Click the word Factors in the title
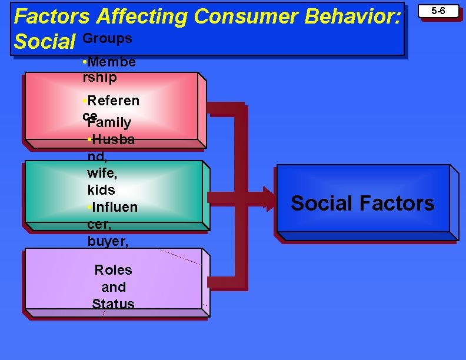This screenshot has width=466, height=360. pos(51,16)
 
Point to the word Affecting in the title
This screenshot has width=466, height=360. pos(142,16)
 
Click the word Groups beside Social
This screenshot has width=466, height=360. pos(107,38)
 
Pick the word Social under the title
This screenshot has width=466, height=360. pos(45,41)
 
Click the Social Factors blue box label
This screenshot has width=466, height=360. pos(362,204)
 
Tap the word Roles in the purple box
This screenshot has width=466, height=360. pos(113,271)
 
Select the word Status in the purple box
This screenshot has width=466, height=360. pos(113,304)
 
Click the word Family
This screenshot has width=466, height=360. pos(109,123)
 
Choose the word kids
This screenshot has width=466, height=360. pos(101,190)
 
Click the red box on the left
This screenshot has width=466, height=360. pos(53,106)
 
